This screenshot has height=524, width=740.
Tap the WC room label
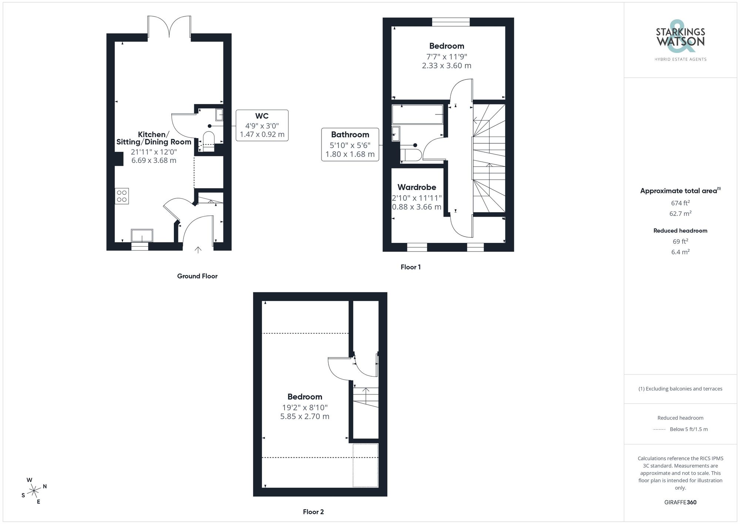click(x=262, y=116)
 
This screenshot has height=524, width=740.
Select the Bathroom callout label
click(x=350, y=135)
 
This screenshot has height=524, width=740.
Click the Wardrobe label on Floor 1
click(x=417, y=187)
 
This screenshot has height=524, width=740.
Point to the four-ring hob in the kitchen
click(x=122, y=196)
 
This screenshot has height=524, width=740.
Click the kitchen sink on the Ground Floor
click(x=142, y=236)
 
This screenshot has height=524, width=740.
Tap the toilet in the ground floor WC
click(x=209, y=141)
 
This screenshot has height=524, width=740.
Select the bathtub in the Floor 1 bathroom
click(x=417, y=114)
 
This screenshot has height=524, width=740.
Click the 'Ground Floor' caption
click(x=197, y=276)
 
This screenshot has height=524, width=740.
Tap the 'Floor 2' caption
click(x=313, y=512)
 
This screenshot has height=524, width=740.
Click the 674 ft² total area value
click(x=680, y=203)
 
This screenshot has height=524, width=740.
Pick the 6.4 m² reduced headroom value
click(x=680, y=252)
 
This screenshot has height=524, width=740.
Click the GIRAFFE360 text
click(x=680, y=503)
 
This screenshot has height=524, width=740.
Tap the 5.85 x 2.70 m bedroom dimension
click(x=305, y=417)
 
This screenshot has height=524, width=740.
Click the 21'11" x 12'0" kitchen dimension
click(x=154, y=152)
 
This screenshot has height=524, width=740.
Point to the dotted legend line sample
click(x=659, y=430)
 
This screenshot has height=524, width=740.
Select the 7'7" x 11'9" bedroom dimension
click(x=447, y=57)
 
